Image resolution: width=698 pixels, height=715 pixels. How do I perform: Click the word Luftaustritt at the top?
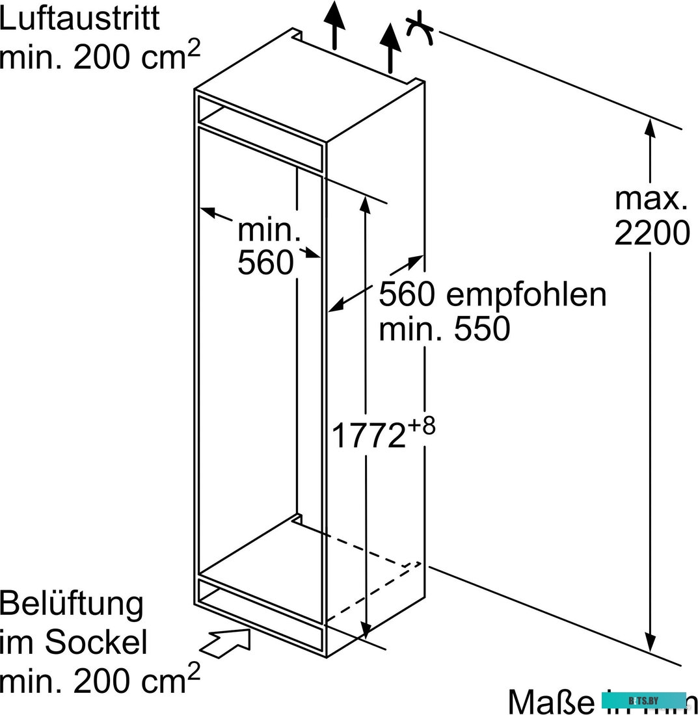pyautogui.click(x=79, y=19)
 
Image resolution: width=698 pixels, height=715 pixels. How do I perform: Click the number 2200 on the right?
pyautogui.click(x=651, y=233)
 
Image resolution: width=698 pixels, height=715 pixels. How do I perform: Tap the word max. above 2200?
pyautogui.click(x=651, y=198)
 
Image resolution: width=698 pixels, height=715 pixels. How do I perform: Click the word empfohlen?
pyautogui.click(x=526, y=294)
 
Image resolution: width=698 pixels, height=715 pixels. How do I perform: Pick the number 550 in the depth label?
pyautogui.click(x=481, y=330)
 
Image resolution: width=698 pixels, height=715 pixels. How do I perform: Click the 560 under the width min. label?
pyautogui.click(x=266, y=263)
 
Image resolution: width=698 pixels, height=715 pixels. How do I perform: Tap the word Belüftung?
pyautogui.click(x=71, y=604)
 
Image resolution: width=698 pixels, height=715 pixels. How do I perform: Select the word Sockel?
pyautogui.click(x=96, y=643)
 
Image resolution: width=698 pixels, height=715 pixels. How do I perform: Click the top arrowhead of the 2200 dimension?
pyautogui.click(x=649, y=129)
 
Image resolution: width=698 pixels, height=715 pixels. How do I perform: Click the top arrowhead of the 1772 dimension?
pyautogui.click(x=366, y=202)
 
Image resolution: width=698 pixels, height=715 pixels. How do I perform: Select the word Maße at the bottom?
pyautogui.click(x=550, y=701)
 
